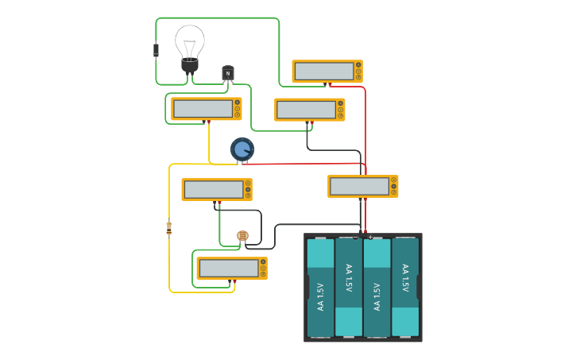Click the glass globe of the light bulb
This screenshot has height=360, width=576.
tap(190, 41)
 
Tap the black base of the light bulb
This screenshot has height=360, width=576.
tap(190, 65)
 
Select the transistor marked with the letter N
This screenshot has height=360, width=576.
tap(228, 74)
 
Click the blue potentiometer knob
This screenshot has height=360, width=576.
tap(242, 149)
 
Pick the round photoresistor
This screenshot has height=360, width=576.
tap(243, 235)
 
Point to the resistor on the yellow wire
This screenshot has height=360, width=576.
tap(168, 228)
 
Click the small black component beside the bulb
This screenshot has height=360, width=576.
tap(156, 50)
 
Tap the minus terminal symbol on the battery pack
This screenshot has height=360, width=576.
tap(356, 237)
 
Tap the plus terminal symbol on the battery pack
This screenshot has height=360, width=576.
tap(370, 237)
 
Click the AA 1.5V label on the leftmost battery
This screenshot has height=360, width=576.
tap(321, 296)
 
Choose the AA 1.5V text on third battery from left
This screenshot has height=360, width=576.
tap(377, 296)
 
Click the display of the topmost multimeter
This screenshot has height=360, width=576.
tap(324, 72)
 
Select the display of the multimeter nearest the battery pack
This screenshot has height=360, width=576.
tap(359, 186)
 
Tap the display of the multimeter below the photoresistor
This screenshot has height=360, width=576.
tap(229, 269)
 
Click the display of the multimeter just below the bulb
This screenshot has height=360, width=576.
tap(203, 109)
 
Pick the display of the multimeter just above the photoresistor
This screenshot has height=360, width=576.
tap(214, 189)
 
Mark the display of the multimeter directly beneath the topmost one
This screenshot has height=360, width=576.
tap(307, 110)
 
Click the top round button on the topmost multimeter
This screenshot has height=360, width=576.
tap(358, 64)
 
